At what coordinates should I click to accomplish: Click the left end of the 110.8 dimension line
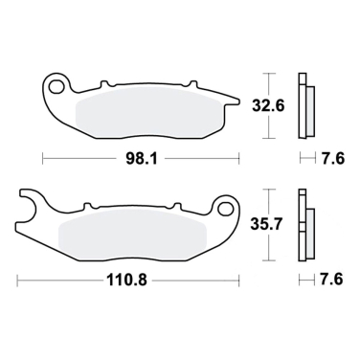[20, 280]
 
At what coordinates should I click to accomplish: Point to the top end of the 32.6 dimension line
[269, 73]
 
